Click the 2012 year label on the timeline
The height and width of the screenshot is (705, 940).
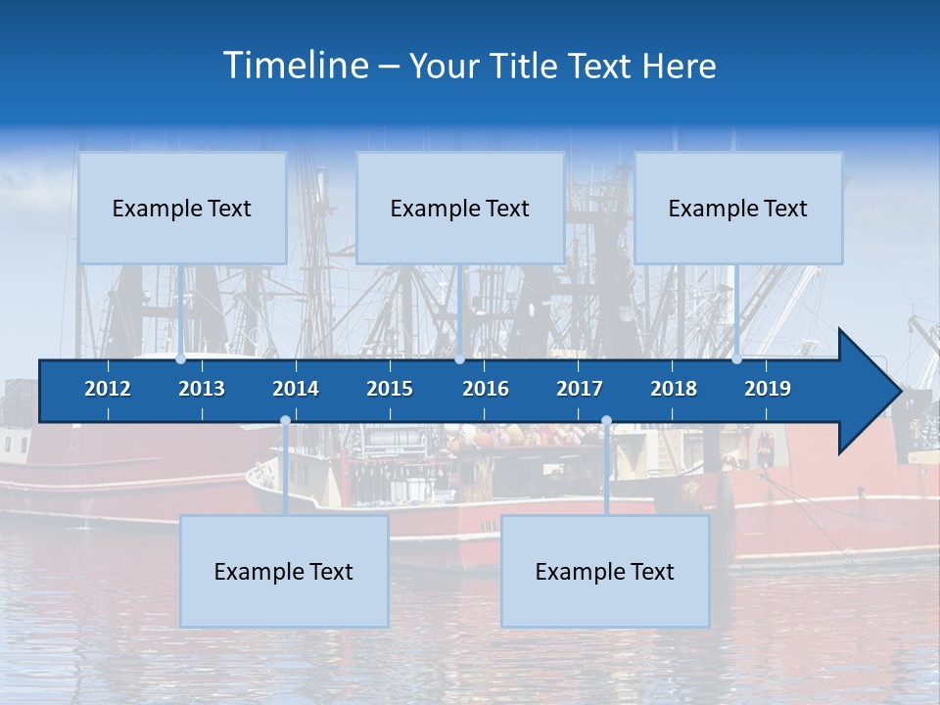pos(108,389)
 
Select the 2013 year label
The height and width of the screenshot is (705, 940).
pos(202,389)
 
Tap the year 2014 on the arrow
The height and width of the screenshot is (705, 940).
pos(296,389)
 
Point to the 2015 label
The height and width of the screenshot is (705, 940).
pos(390,389)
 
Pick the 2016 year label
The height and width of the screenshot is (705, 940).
pos(486,389)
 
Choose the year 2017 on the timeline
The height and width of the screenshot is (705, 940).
pos(580,389)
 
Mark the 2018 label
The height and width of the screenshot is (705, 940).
pos(674,389)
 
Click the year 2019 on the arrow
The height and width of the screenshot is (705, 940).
pos(768,389)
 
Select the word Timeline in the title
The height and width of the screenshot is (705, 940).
pos(295,66)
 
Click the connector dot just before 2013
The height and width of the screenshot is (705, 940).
pos(181,358)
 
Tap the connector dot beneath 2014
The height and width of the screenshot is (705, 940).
pos(285,421)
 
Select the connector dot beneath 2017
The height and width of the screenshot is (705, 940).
pos(606,421)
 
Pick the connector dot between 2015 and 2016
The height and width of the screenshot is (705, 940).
pos(459,358)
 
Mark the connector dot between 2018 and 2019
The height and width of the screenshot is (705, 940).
pos(736,358)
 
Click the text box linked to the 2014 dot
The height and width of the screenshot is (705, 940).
pos(284,571)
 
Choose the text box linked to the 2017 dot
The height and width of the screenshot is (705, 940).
pos(605,571)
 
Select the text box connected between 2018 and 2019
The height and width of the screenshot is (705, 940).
pos(738,208)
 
